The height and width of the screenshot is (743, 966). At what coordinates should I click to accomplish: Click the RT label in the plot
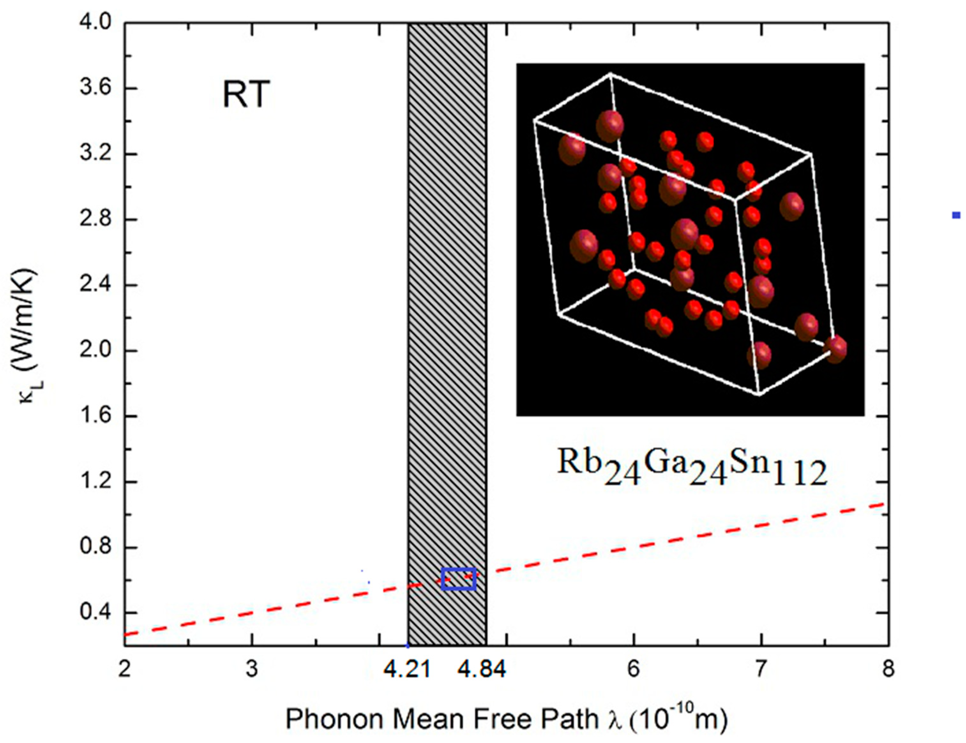tap(246, 95)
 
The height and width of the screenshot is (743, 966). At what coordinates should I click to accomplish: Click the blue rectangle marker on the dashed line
tap(458, 579)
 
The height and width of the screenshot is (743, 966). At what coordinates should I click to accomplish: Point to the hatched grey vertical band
tap(447, 310)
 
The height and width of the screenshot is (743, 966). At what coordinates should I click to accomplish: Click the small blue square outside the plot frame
tap(956, 215)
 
